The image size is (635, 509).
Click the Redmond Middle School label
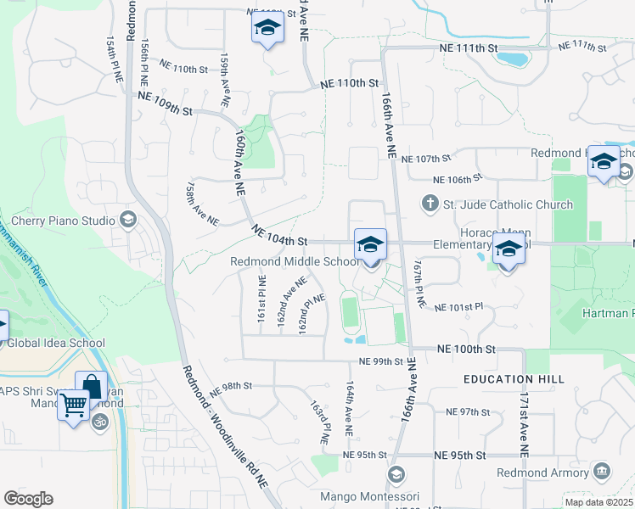point(295,261)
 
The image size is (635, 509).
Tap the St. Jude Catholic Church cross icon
point(430,204)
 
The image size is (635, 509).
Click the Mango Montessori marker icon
point(394,474)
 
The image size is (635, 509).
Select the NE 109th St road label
point(165,106)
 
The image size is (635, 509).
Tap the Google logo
point(28,499)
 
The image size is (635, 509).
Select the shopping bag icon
point(91,387)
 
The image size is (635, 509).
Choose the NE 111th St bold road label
point(469,48)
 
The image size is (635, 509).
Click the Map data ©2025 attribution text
point(599,502)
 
